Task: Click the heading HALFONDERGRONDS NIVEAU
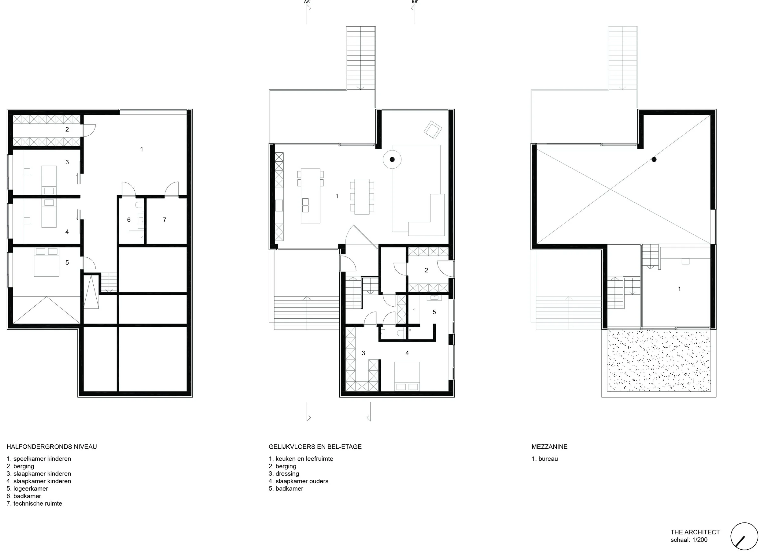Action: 52,447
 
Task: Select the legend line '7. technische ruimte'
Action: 34,503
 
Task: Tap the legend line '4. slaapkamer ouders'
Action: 299,481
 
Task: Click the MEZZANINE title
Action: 550,447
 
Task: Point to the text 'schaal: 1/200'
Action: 689,540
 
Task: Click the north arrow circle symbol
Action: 744,536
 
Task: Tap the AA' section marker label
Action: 307,2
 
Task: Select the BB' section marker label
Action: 415,2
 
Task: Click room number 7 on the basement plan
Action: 165,220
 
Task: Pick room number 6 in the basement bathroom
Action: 129,220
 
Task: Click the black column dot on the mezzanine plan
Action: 654,159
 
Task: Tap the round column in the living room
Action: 392,159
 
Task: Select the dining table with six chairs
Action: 362,196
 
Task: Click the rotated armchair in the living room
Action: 433,130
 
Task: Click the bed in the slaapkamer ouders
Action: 407,376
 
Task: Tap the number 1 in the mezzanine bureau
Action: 679,289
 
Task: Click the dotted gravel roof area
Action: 659,361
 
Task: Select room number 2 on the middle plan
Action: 426,270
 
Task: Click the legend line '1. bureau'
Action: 545,459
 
